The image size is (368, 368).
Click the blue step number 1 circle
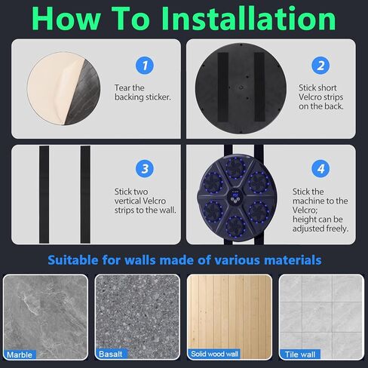(x=145, y=66)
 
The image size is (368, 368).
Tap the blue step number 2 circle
(x=320, y=66)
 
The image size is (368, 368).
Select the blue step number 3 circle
(x=145, y=169)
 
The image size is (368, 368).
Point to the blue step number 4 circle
(x=320, y=169)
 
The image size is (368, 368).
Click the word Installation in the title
(x=248, y=18)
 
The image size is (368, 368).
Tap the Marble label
(x=20, y=354)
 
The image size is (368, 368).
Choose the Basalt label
(x=111, y=354)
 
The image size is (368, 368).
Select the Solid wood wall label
(x=214, y=354)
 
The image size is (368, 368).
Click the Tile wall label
(x=300, y=354)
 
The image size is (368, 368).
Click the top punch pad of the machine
(x=235, y=168)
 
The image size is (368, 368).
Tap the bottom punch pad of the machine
(x=235, y=225)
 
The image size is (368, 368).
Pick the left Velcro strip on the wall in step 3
(x=44, y=195)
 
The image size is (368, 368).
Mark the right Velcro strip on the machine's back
(x=259, y=87)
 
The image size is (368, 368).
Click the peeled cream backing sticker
(x=55, y=87)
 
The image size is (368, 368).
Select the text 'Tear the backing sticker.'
(x=143, y=93)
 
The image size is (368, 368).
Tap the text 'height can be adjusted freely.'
(x=320, y=224)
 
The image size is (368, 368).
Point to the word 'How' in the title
(x=66, y=19)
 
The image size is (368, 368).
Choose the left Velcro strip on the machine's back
(x=222, y=87)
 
